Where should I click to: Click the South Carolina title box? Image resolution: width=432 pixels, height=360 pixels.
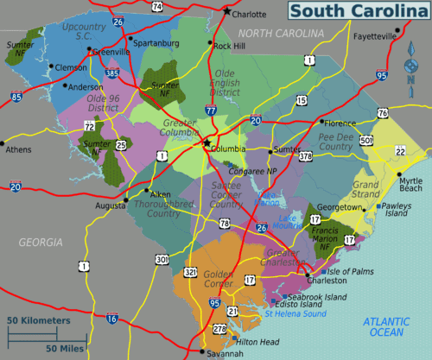point(355,12)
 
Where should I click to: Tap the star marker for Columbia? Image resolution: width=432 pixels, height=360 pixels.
point(207,143)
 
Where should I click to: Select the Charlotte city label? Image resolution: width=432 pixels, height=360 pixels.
point(250,14)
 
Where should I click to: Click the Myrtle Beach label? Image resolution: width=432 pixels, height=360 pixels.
point(410,183)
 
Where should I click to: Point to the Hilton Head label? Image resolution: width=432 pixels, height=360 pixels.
point(258,342)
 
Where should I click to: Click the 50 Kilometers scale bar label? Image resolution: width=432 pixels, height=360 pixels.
point(39,320)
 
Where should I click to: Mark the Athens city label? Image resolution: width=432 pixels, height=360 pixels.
point(17,149)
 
